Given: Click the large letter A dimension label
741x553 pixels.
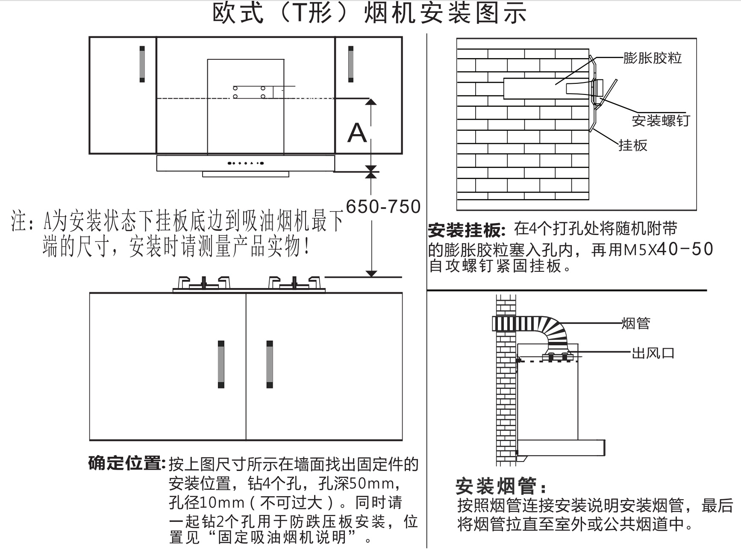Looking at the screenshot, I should pyautogui.click(x=357, y=133).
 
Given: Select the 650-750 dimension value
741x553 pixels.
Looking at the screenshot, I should pyautogui.click(x=383, y=207).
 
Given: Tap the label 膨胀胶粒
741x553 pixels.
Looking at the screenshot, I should pyautogui.click(x=652, y=58).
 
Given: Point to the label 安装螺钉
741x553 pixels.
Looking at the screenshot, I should pyautogui.click(x=661, y=121).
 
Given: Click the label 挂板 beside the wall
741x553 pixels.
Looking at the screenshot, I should pyautogui.click(x=633, y=145).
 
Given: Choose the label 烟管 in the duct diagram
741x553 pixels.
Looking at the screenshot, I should pyautogui.click(x=636, y=323).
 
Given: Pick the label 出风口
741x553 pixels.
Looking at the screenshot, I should pyautogui.click(x=653, y=353).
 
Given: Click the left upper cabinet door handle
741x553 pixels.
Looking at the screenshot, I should pyautogui.click(x=142, y=64).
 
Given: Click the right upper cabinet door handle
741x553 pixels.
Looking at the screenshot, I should pyautogui.click(x=351, y=64).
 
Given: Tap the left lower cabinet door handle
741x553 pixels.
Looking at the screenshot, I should pyautogui.click(x=221, y=364).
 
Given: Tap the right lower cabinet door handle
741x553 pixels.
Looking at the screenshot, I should pyautogui.click(x=270, y=364).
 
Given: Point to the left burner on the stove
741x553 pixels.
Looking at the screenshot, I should pyautogui.click(x=204, y=282).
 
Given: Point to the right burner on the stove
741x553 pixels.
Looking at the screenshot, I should pyautogui.click(x=294, y=282).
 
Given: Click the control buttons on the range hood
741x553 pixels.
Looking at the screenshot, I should pyautogui.click(x=245, y=163).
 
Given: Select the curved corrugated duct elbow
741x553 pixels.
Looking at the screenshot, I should pyautogui.click(x=554, y=331).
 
